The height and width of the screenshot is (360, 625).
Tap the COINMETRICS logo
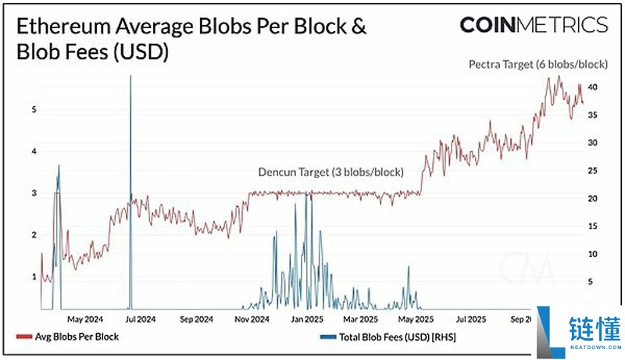point(533,25)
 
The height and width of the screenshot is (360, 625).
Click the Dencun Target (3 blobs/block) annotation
point(330,172)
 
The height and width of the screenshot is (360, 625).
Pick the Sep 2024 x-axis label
point(197,319)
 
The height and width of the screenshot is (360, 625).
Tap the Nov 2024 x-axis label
point(252,319)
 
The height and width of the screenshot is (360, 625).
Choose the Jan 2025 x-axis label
point(308,319)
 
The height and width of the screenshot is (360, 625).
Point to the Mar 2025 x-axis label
point(362,319)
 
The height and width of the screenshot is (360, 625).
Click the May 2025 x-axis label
point(416,319)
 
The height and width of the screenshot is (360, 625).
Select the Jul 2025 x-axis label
point(471,319)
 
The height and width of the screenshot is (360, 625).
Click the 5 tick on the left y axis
point(34,109)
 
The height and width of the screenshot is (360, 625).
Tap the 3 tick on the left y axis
point(34,193)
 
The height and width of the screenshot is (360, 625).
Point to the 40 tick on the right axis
point(593,87)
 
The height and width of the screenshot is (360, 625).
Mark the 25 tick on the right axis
point(593,170)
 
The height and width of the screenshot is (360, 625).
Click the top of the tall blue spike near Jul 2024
point(130,77)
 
